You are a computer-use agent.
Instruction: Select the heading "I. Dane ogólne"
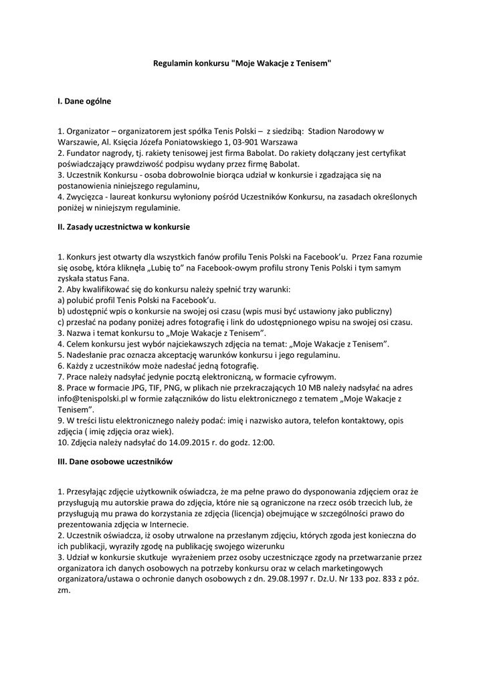coord(84,102)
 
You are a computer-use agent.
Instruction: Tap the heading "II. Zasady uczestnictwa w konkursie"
coord(124,227)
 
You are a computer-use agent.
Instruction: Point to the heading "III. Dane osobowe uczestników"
coord(115,462)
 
